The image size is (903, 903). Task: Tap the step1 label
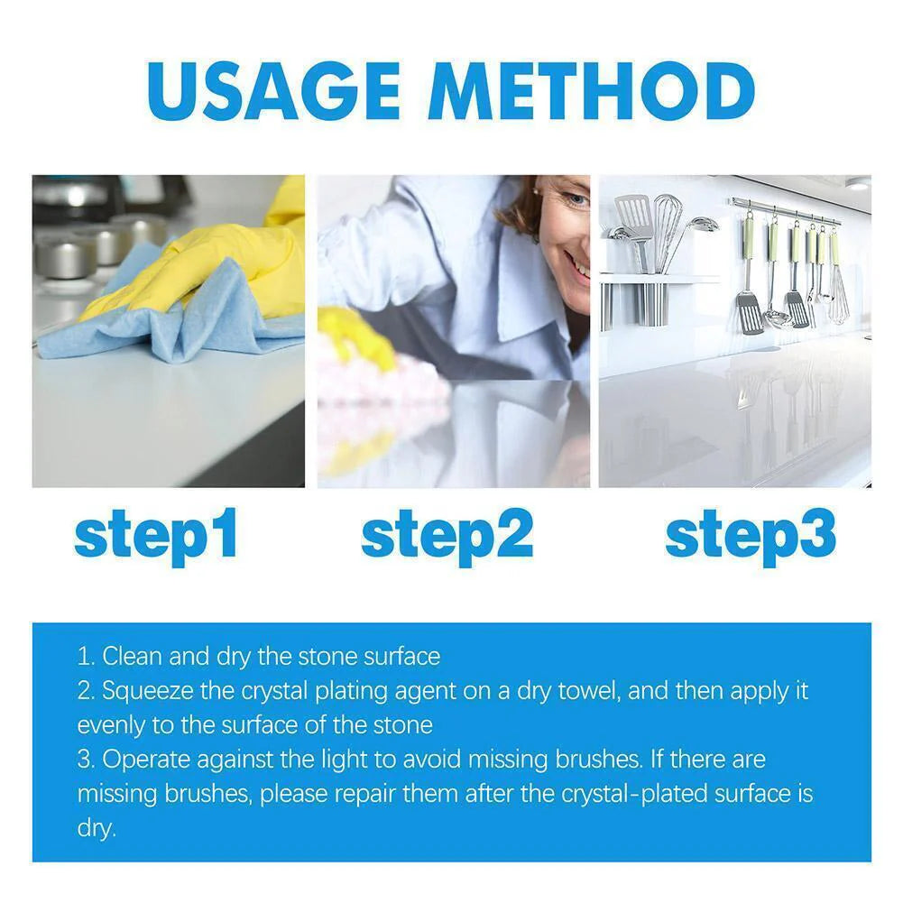(155, 535)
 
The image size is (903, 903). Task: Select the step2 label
(447, 535)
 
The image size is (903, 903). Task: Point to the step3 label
(751, 535)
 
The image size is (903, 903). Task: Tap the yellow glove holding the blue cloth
(235, 262)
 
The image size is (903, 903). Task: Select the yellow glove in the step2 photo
(356, 338)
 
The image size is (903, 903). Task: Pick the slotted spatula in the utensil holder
(635, 217)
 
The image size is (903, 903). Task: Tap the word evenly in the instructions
(109, 724)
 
